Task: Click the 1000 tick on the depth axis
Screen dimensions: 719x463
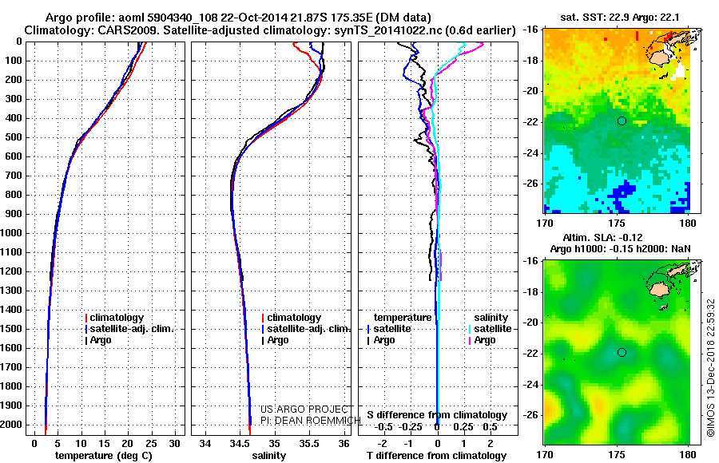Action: coord(12,233)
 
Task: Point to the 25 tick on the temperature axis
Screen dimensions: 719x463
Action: coord(151,444)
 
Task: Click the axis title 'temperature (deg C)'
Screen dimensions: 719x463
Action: coord(104,456)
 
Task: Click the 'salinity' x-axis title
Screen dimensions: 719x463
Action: coord(269,456)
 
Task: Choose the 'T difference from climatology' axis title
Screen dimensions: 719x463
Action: coord(436,456)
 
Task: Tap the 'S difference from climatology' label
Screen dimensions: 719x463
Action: coord(437,415)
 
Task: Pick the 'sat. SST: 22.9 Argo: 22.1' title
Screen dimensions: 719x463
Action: coord(620,18)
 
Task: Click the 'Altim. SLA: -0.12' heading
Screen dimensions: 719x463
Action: coord(602,237)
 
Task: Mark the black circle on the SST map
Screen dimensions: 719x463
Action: coord(622,121)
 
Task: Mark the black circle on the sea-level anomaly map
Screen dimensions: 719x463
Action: coord(622,353)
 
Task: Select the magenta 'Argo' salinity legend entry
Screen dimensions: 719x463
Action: coord(483,340)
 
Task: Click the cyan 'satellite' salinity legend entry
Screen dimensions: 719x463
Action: coord(490,329)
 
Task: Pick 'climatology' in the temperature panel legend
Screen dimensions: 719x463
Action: coord(114,318)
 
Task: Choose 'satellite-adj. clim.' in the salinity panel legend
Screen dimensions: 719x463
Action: coord(306,329)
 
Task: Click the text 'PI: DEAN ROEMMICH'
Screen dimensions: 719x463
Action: coord(311,421)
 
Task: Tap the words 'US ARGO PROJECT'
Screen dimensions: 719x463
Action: coord(305,409)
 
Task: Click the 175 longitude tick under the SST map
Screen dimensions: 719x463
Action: coord(617,224)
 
